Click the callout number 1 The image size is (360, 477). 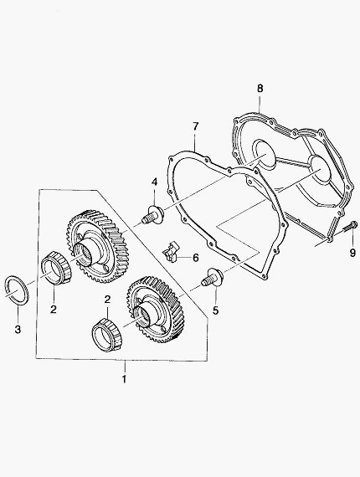tap(124, 380)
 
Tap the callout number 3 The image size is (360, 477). tap(18, 329)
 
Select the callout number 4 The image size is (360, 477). tap(155, 182)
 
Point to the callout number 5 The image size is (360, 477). tap(215, 311)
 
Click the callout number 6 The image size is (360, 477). tap(195, 258)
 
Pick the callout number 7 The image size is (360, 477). tap(195, 126)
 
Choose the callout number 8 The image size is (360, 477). tap(260, 89)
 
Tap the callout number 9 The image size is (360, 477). tap(352, 253)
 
